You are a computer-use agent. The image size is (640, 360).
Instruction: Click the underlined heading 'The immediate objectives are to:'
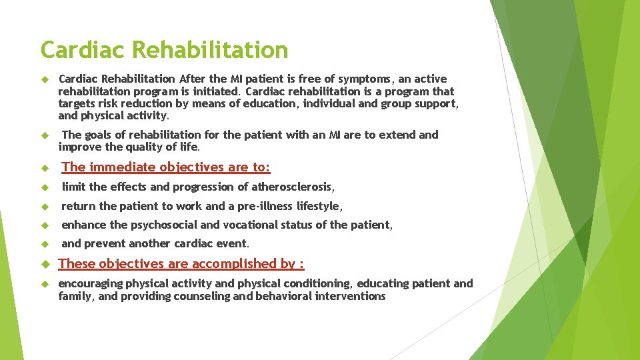tap(165, 167)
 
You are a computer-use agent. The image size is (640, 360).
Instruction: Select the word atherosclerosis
tap(291, 187)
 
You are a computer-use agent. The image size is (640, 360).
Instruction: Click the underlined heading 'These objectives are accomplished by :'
tap(181, 264)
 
